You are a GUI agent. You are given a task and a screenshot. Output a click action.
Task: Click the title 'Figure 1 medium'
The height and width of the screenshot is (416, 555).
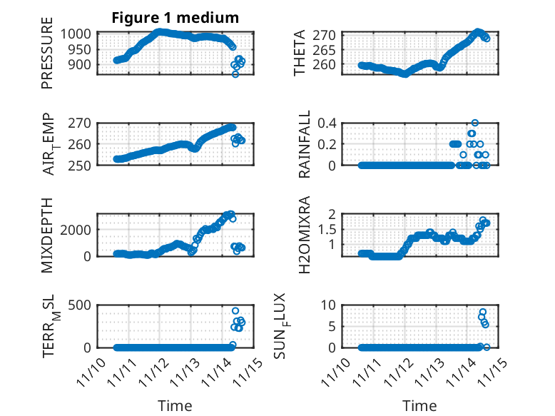click(175, 17)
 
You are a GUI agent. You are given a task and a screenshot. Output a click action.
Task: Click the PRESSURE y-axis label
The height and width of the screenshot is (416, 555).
click(47, 59)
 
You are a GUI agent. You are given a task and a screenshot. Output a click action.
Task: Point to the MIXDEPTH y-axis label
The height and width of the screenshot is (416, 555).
click(47, 234)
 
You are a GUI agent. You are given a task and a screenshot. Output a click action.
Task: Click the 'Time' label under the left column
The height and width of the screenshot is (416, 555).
click(175, 406)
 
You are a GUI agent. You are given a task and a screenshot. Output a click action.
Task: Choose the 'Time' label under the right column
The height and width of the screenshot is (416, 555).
click(419, 406)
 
